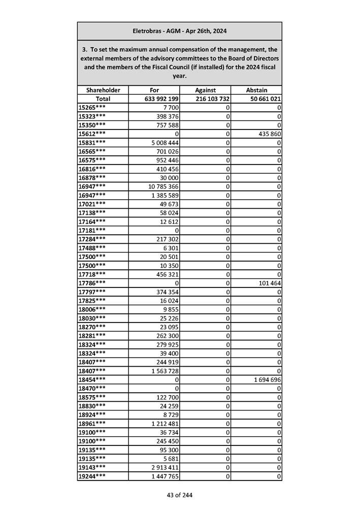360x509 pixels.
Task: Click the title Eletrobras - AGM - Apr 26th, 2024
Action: point(179,31)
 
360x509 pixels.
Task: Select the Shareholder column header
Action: point(103,90)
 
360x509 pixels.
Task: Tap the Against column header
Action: point(205,90)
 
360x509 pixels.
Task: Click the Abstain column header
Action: point(256,90)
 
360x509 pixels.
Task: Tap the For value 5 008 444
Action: point(162,143)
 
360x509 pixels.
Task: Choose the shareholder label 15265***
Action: point(92,108)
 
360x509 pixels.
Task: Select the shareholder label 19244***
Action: point(92,476)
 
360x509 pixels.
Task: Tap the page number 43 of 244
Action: point(179,495)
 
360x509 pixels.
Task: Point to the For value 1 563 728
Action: point(162,371)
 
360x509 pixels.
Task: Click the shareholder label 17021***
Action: point(92,203)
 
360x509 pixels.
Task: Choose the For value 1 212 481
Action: point(162,424)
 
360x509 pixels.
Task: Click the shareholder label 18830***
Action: point(92,406)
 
